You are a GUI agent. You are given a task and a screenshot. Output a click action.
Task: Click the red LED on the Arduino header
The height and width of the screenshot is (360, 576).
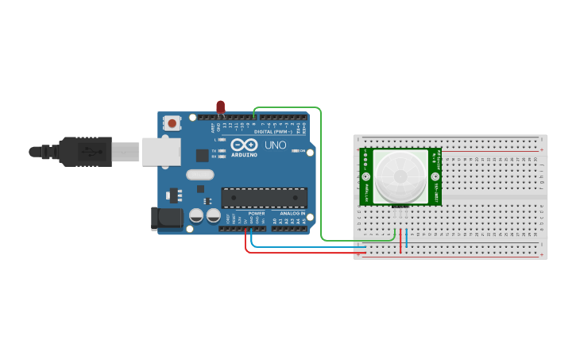[x=220, y=106]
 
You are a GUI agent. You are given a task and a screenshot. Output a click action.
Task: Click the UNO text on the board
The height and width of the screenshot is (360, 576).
[x=275, y=145]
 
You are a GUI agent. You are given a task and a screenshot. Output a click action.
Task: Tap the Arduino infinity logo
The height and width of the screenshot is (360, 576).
[x=245, y=145]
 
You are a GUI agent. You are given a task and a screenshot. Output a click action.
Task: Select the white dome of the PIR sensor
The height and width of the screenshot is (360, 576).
[x=400, y=176]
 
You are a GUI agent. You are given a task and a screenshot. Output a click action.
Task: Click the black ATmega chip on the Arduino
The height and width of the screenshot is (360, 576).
[x=264, y=198]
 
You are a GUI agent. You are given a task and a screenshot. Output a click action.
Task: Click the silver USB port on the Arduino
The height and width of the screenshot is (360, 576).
[x=161, y=151]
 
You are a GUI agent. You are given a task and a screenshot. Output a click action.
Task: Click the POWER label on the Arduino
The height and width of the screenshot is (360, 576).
[x=256, y=214]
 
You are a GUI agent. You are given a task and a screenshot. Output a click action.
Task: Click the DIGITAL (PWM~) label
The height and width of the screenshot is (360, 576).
[x=274, y=131]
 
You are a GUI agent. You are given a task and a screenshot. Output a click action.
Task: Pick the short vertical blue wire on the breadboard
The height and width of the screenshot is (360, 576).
[x=407, y=239]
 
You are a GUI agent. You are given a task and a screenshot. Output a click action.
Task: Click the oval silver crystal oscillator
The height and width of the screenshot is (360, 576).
[x=200, y=174]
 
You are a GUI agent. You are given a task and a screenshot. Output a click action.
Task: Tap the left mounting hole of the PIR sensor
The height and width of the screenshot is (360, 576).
[x=365, y=176]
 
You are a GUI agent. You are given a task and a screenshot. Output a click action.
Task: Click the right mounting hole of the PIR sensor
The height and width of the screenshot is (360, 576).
[x=435, y=176]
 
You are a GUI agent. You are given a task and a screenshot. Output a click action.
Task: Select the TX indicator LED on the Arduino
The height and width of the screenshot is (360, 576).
[x=222, y=150]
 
